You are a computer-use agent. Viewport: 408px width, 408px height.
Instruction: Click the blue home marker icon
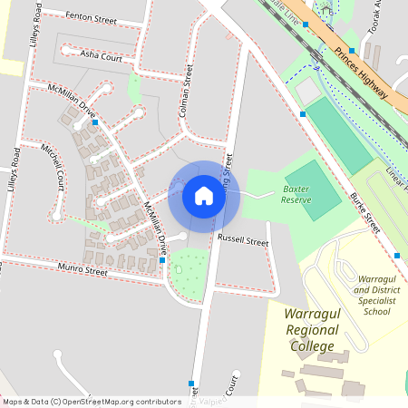pyautogui.click(x=204, y=195)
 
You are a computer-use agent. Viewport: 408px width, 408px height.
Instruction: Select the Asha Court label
pyautogui.click(x=102, y=55)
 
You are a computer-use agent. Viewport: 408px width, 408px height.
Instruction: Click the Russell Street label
pyautogui.click(x=243, y=242)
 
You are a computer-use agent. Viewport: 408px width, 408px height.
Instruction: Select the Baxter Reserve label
pyautogui.click(x=301, y=192)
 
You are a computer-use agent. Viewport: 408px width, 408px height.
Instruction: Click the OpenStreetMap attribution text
pyautogui.click(x=80, y=402)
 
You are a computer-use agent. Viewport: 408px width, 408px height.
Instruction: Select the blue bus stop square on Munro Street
pyautogui.click(x=162, y=261)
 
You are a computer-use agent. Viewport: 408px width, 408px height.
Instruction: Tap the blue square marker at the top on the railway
pyautogui.click(x=306, y=25)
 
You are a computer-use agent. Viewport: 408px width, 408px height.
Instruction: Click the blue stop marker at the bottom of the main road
pyautogui.click(x=191, y=382)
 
